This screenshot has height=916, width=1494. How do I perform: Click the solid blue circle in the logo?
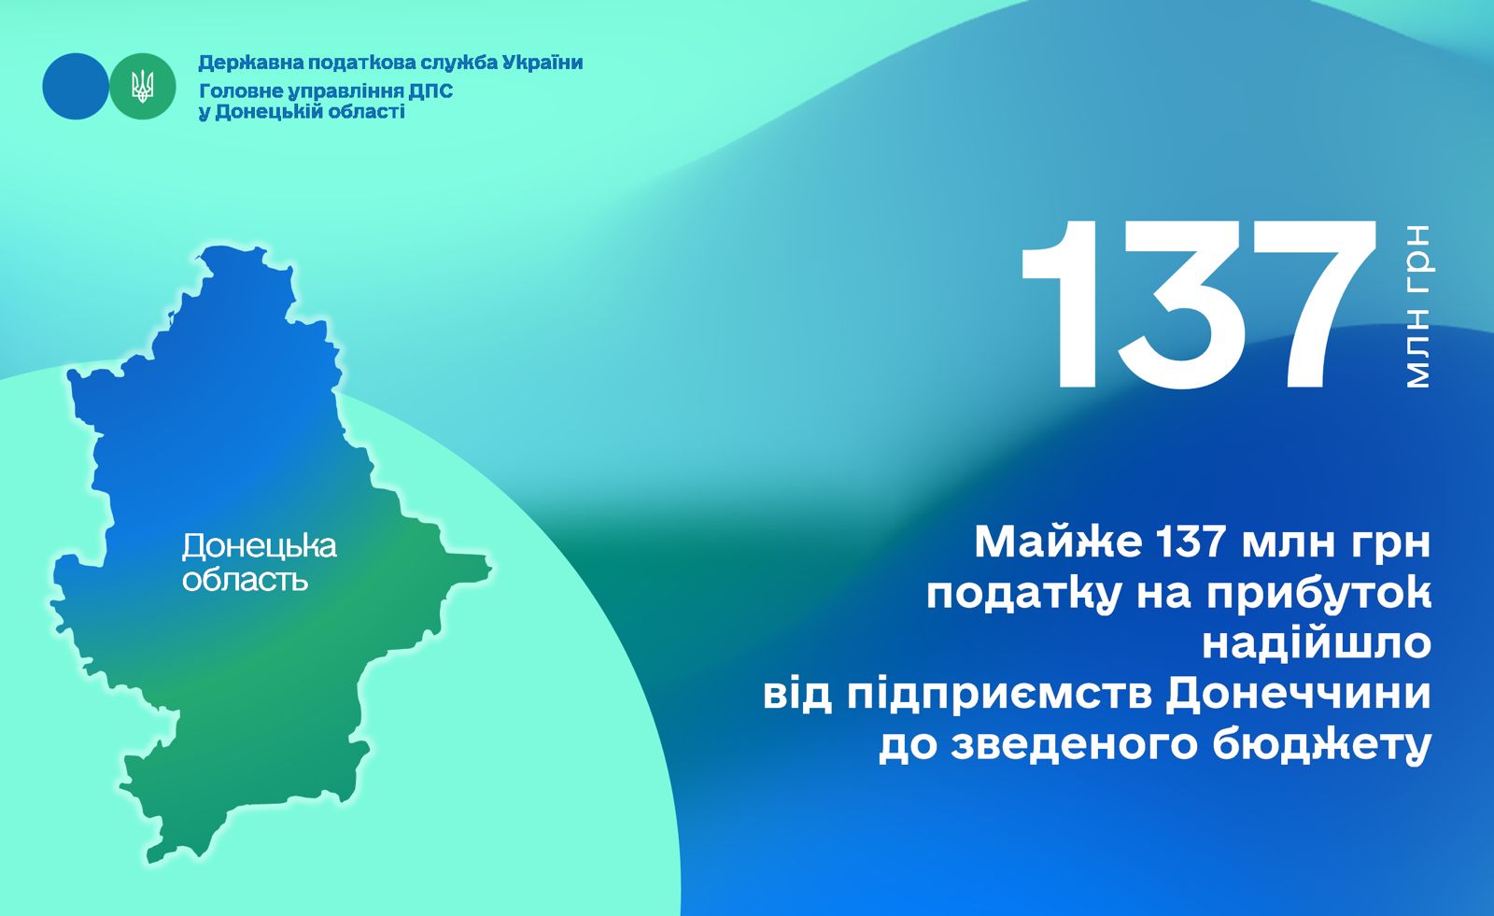76,87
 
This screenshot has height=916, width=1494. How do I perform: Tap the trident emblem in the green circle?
142,87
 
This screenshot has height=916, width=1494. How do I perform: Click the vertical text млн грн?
1418,306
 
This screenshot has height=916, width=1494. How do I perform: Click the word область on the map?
245,579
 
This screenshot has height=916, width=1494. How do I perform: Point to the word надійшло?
1318,643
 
